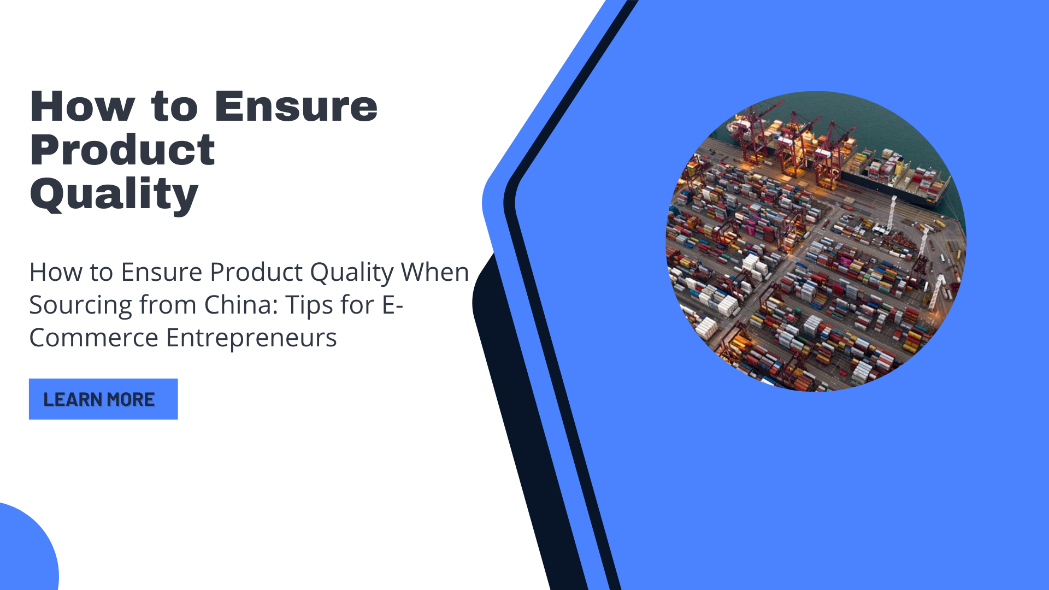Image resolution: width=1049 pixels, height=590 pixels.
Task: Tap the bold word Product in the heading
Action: (122, 150)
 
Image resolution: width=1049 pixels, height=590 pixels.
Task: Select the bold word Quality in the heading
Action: (114, 194)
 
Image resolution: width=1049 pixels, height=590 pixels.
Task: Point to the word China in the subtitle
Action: (241, 304)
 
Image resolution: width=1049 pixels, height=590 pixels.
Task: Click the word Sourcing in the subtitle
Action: (80, 305)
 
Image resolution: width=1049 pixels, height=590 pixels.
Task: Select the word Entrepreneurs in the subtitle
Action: (251, 338)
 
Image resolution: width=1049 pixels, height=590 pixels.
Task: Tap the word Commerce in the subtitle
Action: (93, 338)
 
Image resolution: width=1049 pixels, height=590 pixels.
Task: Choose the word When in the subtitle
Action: (435, 272)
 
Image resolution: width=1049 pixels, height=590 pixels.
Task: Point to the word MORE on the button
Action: (131, 399)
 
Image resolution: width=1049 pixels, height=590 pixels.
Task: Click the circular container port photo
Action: (816, 241)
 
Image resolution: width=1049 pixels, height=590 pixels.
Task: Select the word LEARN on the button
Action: (73, 399)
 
